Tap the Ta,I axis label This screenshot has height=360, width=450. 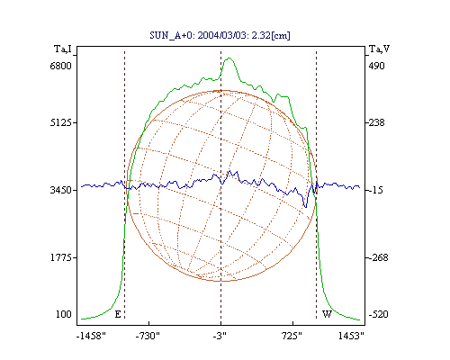63,49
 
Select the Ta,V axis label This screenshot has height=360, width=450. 379,49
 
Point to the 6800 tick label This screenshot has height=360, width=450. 61,66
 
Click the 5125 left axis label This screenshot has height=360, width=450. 61,122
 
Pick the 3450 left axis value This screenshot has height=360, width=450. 61,190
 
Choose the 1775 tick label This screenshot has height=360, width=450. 61,257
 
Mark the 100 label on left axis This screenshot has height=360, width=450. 64,314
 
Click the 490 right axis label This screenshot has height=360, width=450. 376,66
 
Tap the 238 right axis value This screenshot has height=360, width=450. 376,122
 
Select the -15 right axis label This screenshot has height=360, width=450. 376,190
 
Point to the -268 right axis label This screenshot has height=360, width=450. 378,257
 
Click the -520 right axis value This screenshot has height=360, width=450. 378,314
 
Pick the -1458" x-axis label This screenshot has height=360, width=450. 91,336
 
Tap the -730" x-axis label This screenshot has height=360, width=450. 148,336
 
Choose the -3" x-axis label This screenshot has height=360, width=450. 220,336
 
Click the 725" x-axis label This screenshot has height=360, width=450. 292,336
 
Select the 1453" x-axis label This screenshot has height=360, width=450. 351,336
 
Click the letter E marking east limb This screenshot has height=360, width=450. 118,314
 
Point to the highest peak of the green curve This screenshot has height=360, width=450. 229,58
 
